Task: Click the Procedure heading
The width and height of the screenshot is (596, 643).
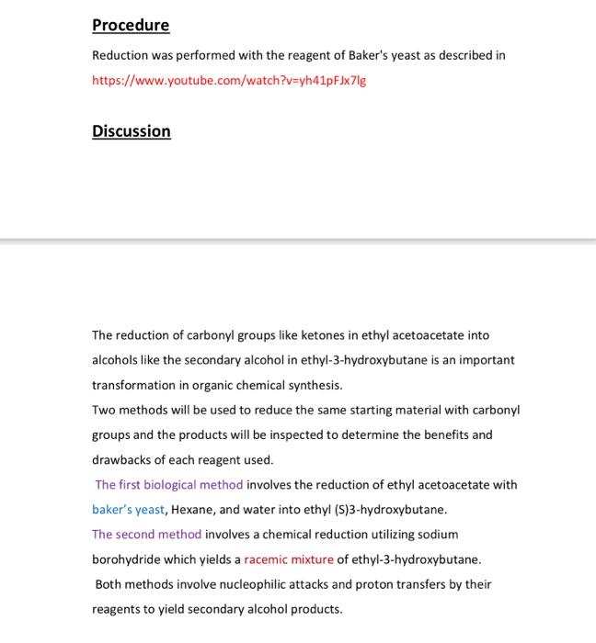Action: [131, 25]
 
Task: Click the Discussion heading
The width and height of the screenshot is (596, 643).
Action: [131, 130]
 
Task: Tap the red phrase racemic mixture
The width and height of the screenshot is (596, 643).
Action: [289, 558]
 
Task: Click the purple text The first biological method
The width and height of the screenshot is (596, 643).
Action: [169, 484]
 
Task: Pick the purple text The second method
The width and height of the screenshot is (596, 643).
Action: [146, 534]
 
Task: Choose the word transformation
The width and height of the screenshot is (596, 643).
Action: [135, 385]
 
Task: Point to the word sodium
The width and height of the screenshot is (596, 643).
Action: [439, 534]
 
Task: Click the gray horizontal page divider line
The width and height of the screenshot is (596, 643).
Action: [298, 241]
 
